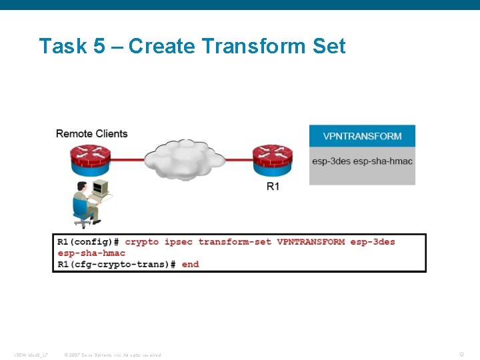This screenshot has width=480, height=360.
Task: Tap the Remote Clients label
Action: pyautogui.click(x=91, y=133)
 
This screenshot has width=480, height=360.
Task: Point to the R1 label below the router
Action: pyautogui.click(x=273, y=187)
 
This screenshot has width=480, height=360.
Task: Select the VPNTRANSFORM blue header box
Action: pyautogui.click(x=362, y=136)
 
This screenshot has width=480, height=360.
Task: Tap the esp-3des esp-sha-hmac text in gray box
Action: pyautogui.click(x=362, y=161)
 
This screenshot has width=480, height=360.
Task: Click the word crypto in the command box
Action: pyautogui.click(x=141, y=241)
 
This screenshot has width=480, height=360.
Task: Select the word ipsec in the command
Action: pyautogui.click(x=178, y=241)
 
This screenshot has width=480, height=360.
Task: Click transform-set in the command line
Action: pyautogui.click(x=235, y=241)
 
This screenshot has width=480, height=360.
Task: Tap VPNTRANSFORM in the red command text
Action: pyautogui.click(x=311, y=241)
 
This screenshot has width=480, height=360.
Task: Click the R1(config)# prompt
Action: pyautogui.click(x=88, y=241)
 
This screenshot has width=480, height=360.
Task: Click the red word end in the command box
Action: pyautogui.click(x=190, y=264)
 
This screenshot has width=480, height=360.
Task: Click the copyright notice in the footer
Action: pyautogui.click(x=112, y=355)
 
